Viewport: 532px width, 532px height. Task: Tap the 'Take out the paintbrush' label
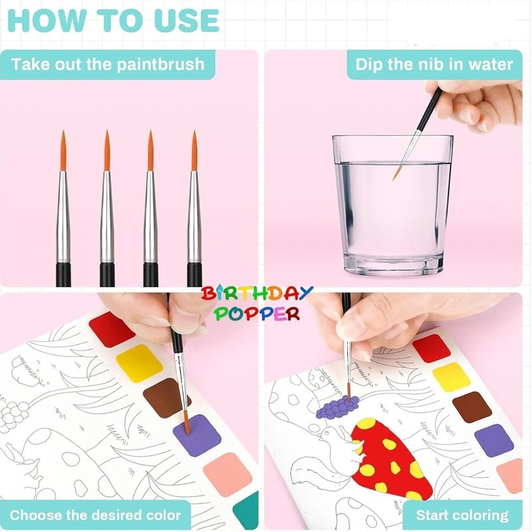pos(108,64)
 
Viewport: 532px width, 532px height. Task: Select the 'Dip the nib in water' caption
pos(434,64)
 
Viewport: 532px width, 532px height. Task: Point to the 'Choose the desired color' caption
pos(95,515)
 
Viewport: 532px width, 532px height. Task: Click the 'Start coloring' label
pos(462,515)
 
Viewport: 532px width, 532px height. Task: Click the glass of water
pos(392,205)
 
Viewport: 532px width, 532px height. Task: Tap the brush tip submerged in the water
pos(397,172)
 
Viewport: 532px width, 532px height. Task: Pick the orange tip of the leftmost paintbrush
pos(63,150)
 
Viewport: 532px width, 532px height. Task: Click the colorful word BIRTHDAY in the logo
pos(257,294)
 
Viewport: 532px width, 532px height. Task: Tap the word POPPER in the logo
pos(257,314)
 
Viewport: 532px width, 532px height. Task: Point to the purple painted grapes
pos(337,406)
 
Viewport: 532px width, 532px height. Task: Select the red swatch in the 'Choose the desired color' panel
pos(112,329)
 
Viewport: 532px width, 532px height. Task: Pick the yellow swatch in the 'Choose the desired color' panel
pos(139,363)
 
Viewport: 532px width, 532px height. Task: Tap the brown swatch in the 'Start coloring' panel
pos(472,407)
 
